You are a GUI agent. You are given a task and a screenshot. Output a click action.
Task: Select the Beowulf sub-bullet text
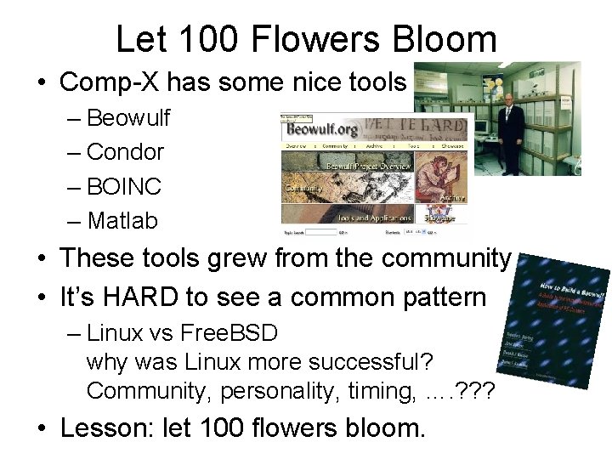coord(128,117)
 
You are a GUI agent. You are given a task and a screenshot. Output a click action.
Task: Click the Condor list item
coord(125,152)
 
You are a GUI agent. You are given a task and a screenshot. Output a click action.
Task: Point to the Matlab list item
coord(122,221)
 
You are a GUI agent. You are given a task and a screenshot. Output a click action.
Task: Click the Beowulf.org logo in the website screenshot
coord(322,130)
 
